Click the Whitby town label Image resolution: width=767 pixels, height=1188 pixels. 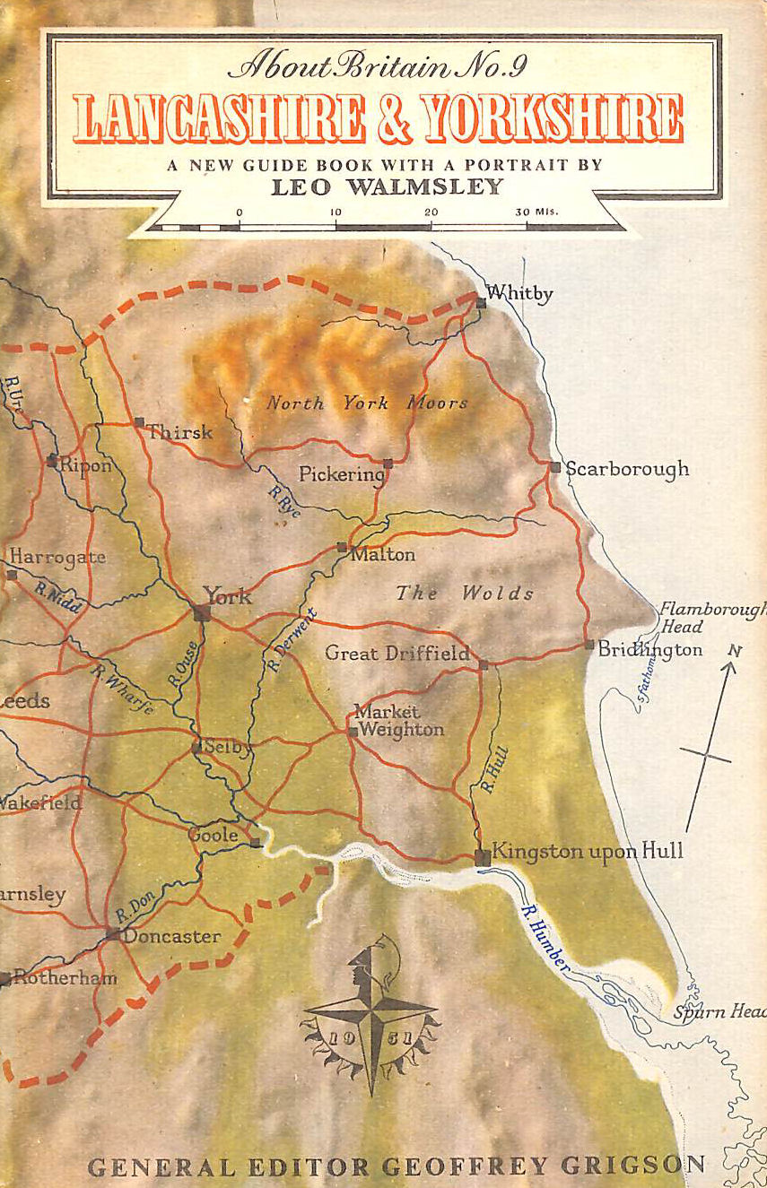tap(519, 293)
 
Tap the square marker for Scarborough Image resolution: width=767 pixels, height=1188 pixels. tap(555, 467)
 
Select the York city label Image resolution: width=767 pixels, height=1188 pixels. tap(227, 596)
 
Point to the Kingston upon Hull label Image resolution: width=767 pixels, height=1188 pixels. tap(587, 851)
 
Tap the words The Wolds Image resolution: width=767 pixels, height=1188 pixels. tap(465, 593)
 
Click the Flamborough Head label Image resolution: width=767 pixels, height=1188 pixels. tap(710, 618)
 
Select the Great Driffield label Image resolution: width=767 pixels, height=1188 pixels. tap(397, 654)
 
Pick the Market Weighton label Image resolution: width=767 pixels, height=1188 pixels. tap(398, 721)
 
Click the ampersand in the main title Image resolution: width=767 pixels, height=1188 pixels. tap(394, 118)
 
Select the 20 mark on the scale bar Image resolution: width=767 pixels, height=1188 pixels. tap(431, 212)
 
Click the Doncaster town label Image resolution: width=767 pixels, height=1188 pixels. tap(170, 936)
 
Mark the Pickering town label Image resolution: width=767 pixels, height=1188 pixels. tap(341, 474)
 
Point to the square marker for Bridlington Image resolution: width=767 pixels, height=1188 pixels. tap(588, 645)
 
